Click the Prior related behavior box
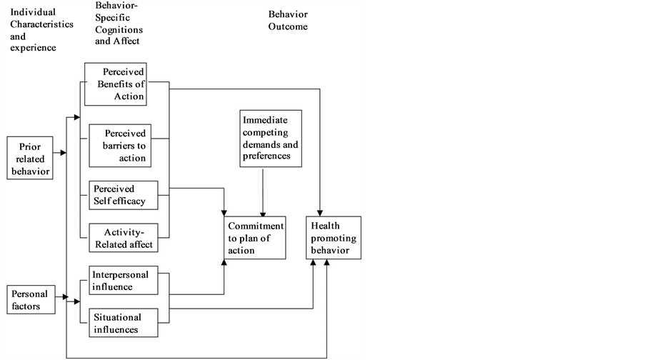coord(30,157)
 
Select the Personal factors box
coord(30,300)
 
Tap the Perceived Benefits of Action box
coord(116,85)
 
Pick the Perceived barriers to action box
coord(119,145)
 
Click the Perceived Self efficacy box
coord(119,196)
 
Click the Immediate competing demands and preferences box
coord(270,138)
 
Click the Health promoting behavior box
coord(334,238)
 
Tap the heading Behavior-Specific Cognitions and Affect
coord(119,23)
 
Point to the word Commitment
coord(255,226)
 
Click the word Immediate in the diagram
coord(264,121)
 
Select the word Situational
coord(117,317)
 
